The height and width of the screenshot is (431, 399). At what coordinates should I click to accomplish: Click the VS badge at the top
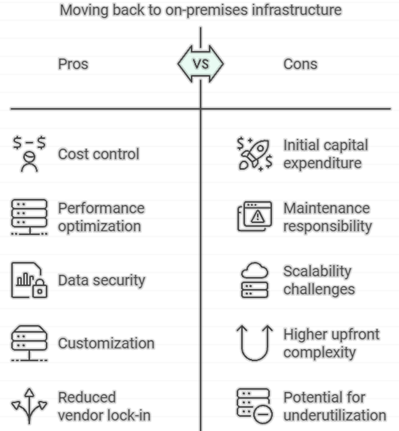(x=200, y=64)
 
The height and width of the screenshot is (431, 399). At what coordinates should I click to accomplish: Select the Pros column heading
(x=73, y=64)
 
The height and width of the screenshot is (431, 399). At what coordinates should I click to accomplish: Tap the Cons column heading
(x=300, y=64)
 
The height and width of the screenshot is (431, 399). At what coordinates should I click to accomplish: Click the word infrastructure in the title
(x=297, y=10)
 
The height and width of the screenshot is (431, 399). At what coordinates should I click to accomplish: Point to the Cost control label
(x=99, y=154)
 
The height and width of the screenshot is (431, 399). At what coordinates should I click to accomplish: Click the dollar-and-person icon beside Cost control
(x=29, y=154)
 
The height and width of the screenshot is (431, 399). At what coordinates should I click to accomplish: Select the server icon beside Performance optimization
(x=29, y=217)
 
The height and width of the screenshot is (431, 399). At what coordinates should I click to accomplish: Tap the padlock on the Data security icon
(x=40, y=288)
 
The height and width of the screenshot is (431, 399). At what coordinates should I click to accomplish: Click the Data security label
(x=101, y=280)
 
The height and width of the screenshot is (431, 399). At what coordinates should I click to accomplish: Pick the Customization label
(x=106, y=344)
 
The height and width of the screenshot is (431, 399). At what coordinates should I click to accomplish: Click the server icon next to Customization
(x=29, y=343)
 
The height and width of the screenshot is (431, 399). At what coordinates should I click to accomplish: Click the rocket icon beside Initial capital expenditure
(x=255, y=154)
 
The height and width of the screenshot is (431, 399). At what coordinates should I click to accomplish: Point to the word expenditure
(x=323, y=163)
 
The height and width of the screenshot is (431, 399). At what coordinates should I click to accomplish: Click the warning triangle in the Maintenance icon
(x=258, y=217)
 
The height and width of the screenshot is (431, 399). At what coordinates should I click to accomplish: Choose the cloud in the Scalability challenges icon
(x=255, y=270)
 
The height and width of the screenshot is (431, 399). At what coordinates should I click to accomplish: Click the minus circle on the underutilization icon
(x=263, y=414)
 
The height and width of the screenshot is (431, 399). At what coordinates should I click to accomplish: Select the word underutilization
(x=335, y=416)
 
